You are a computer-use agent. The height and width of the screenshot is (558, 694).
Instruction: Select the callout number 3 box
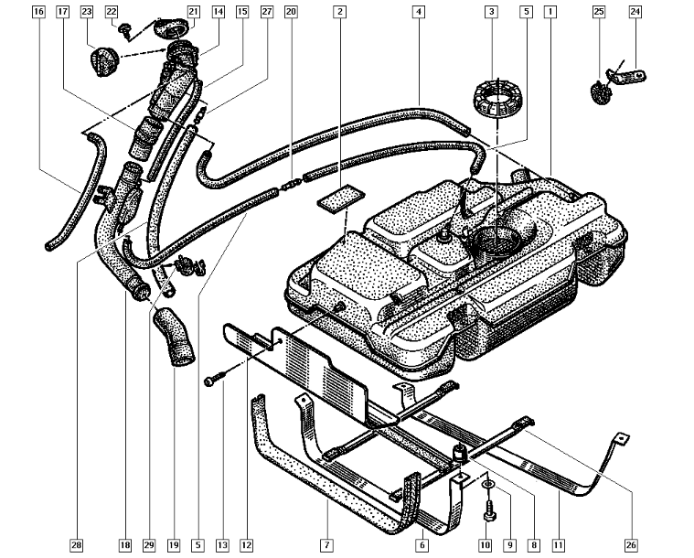click(492, 13)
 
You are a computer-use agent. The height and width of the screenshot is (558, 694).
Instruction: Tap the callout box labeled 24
click(635, 13)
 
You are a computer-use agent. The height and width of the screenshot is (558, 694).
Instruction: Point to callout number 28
click(77, 545)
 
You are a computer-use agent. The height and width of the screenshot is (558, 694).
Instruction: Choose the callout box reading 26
click(631, 545)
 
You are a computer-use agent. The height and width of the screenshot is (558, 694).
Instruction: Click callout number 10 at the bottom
click(485, 545)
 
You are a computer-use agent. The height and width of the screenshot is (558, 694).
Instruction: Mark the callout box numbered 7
click(326, 545)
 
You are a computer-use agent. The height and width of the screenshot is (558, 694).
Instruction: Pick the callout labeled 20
click(291, 13)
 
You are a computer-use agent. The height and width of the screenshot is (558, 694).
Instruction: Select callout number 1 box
click(550, 13)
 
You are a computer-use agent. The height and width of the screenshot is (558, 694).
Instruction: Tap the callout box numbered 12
click(246, 545)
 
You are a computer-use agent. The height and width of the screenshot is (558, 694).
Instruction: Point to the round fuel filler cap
click(101, 64)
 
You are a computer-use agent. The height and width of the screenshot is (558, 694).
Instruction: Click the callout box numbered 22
click(112, 13)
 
